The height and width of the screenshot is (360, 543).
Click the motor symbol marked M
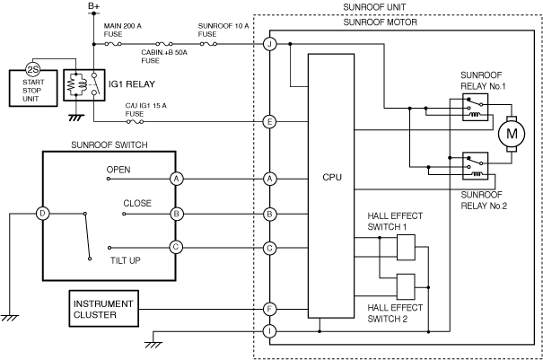(x=512, y=134)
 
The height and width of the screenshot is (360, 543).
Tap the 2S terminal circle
(x=33, y=70)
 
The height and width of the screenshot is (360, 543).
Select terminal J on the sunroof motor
(x=269, y=44)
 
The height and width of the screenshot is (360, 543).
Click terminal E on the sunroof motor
(x=269, y=121)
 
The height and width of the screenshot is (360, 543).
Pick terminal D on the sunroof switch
(x=42, y=214)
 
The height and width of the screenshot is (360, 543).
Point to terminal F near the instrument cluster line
(x=269, y=309)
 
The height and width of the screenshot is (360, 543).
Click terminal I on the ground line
(x=269, y=331)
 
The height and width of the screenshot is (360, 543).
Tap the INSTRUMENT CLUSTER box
(x=104, y=309)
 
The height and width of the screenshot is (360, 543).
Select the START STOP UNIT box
(x=33, y=88)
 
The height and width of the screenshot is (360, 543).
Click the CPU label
(x=332, y=178)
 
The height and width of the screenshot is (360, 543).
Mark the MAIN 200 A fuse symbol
(x=113, y=44)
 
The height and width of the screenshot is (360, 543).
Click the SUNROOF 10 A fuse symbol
(x=208, y=44)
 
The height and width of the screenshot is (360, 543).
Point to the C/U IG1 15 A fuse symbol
(x=135, y=121)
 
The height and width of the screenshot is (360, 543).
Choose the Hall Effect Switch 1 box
(x=406, y=248)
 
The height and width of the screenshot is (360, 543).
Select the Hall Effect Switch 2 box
(x=406, y=287)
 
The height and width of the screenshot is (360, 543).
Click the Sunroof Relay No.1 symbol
(x=475, y=107)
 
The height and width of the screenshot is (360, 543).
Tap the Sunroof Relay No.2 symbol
(x=475, y=165)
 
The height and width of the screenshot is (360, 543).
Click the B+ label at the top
(x=93, y=6)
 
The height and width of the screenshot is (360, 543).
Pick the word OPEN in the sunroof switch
(x=118, y=170)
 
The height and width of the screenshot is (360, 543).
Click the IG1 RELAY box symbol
(x=84, y=85)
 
